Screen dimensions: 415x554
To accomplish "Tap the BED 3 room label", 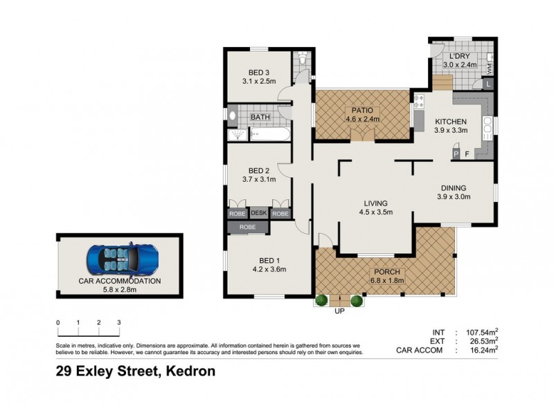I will [258, 73].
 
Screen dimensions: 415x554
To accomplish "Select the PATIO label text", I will [363, 110].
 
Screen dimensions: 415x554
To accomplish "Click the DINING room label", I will [454, 187].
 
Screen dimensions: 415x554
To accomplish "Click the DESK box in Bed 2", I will [259, 214].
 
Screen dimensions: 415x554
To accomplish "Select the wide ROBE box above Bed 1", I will [247, 227].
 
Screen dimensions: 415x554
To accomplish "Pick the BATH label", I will [260, 118].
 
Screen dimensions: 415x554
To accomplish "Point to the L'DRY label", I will [460, 56].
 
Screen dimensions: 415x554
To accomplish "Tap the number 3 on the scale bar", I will [119, 322].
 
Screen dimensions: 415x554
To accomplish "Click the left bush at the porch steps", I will [321, 300].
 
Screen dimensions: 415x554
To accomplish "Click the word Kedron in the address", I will [188, 371].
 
